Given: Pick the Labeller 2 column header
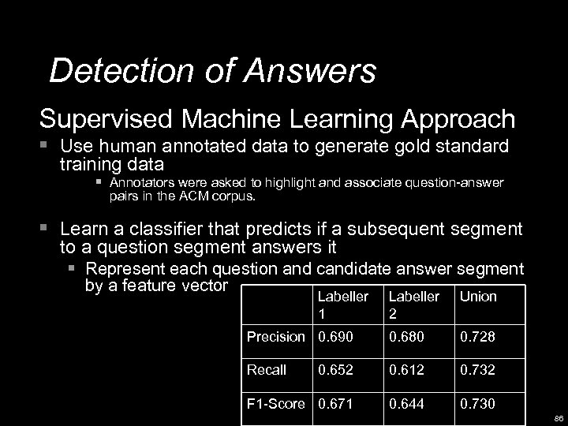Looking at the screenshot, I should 413,304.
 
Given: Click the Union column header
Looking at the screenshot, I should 478,297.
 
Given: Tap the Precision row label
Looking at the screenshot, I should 275,337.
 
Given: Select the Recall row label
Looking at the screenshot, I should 266,370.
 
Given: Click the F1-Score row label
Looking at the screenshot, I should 275,403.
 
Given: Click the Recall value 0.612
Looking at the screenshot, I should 405,370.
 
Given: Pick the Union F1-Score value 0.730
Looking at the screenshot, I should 478,403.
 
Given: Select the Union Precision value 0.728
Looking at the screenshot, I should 478,337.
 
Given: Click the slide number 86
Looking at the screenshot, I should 558,418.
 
